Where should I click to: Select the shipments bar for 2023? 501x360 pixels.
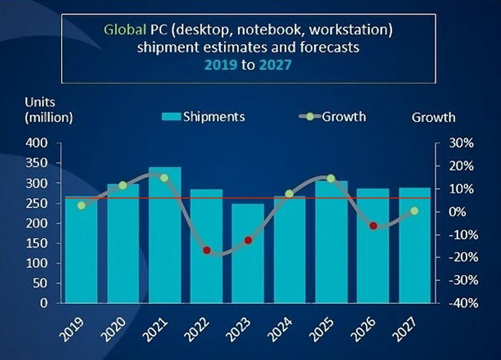pos(248,254)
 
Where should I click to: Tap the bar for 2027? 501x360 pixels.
pos(414,245)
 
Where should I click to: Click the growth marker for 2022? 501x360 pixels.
pos(207,250)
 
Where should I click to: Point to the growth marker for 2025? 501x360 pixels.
pos(331,178)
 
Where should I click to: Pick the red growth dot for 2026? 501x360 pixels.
pos(373,226)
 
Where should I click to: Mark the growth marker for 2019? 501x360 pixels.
pos(82,206)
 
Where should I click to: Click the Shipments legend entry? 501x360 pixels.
pos(203,116)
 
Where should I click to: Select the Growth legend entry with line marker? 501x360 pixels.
pos(332,116)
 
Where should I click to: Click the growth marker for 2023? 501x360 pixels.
pos(248,240)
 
